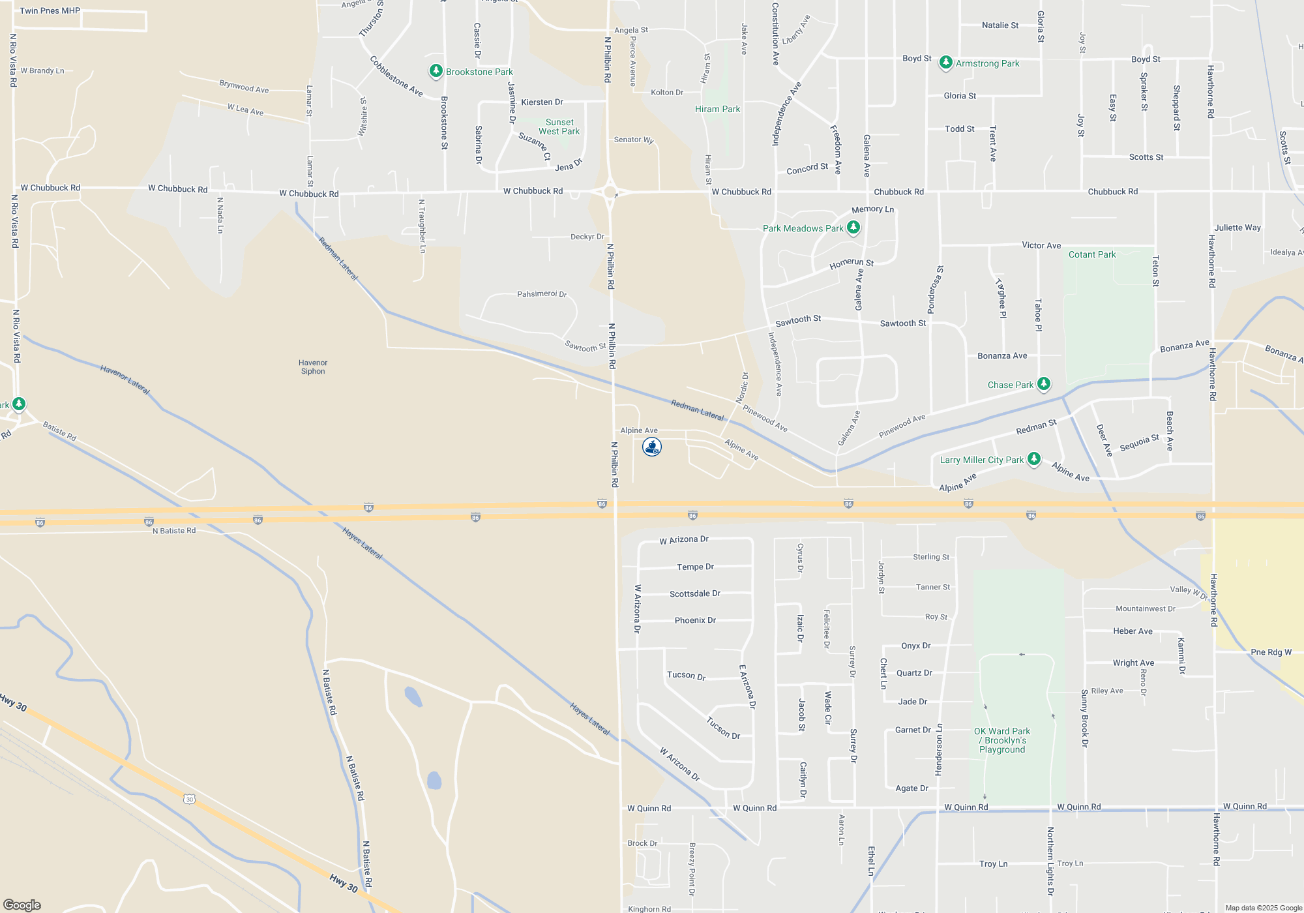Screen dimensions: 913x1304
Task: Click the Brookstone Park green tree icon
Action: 436,71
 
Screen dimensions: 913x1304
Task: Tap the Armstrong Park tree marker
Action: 945,63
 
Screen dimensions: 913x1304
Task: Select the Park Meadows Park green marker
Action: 853,228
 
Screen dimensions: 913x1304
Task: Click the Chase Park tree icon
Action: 1044,384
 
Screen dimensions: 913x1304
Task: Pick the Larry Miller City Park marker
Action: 1033,459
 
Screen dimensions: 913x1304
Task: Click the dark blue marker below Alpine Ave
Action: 652,447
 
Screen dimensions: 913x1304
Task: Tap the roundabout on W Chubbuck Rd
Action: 611,192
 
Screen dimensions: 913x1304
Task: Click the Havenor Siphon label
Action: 313,367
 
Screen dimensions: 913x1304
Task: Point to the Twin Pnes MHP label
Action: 50,10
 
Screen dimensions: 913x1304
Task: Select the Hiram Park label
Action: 717,109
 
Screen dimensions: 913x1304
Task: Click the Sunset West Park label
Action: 559,127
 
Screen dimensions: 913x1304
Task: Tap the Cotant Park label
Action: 1092,254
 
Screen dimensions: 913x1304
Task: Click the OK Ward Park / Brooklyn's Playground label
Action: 1002,740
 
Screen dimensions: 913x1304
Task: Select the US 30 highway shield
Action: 189,799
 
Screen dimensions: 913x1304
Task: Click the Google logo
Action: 22,905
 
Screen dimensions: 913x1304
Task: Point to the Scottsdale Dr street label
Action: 695,593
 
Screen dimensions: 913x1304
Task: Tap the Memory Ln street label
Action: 872,209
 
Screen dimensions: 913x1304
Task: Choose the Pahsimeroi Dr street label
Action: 542,294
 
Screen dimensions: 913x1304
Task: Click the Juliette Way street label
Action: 1237,228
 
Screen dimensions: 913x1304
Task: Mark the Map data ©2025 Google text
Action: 1264,908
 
